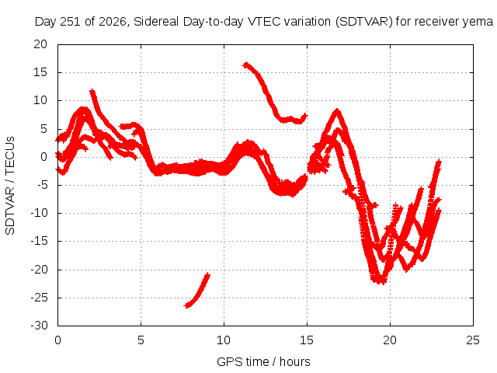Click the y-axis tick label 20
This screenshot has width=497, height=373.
(x=40, y=44)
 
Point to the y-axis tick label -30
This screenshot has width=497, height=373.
(x=39, y=326)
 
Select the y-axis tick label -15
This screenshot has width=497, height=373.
(x=39, y=241)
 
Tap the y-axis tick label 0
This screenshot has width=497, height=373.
(x=43, y=157)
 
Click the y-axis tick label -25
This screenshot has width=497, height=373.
(x=39, y=298)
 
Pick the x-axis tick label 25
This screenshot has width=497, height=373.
(x=473, y=340)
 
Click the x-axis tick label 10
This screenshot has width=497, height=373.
(x=224, y=340)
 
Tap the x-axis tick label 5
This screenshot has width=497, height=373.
(x=141, y=340)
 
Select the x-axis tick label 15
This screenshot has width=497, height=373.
(x=307, y=340)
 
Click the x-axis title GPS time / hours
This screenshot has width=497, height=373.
(x=263, y=361)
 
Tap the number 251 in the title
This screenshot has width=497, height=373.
(x=71, y=22)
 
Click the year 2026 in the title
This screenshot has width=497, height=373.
(x=113, y=22)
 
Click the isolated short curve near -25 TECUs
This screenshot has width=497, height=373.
(x=196, y=291)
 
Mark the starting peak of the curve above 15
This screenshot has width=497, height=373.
(x=246, y=64)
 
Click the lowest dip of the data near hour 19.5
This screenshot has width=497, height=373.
(x=380, y=281)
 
